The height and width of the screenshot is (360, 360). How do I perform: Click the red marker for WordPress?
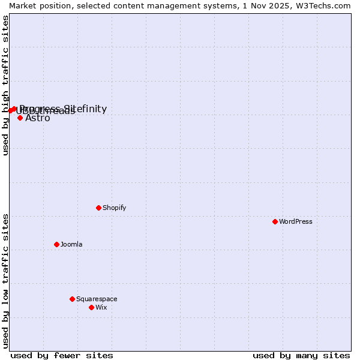[x=275, y=221]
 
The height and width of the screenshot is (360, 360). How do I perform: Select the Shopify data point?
[x=98, y=208]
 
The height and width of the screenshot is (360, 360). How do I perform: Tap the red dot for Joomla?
[x=56, y=244]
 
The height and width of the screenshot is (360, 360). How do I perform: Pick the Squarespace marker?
[x=72, y=299]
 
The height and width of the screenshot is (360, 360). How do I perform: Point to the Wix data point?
[x=91, y=307]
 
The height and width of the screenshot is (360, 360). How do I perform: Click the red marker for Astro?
[x=20, y=118]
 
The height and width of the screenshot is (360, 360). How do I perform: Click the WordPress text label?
[x=296, y=221]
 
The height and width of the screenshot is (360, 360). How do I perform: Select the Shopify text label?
[x=114, y=208]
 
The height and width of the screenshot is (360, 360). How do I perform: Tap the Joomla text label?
[x=71, y=244]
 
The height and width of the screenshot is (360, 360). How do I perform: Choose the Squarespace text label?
[x=97, y=299]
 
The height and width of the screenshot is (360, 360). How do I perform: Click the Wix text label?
[x=101, y=307]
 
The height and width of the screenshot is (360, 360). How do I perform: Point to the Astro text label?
[x=38, y=118]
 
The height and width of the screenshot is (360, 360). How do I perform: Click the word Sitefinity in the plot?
[x=86, y=109]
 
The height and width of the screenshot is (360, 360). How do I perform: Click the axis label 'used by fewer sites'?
[x=62, y=355]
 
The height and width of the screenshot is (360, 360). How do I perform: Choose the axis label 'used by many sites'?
[x=301, y=355]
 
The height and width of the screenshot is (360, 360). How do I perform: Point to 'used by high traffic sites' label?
[x=5, y=85]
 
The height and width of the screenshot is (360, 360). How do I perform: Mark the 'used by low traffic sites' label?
[x=5, y=281]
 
